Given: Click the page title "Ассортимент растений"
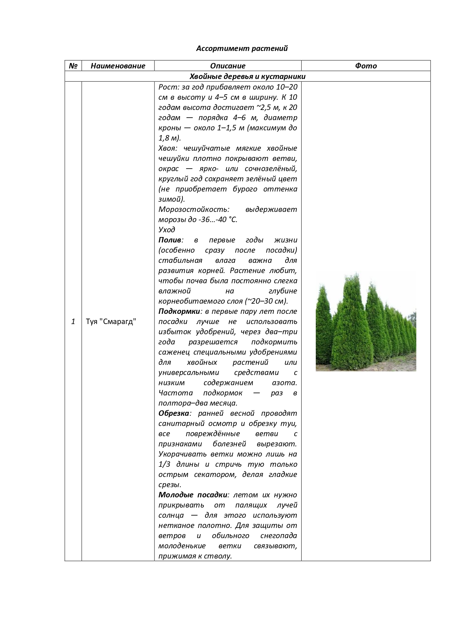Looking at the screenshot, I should (242, 48).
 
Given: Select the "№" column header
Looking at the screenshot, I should (73, 66).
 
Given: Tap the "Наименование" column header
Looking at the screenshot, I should (118, 66).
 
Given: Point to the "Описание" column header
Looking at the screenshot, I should (228, 66).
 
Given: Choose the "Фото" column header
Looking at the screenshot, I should (366, 66).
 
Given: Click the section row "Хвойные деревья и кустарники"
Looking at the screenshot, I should (247, 76).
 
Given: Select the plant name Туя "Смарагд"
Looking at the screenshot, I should (111, 322).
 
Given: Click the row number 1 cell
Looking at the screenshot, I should (73, 322).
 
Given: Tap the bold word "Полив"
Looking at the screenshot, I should (170, 240).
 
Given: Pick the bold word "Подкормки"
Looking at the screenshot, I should (179, 311).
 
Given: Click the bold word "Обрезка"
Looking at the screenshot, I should (174, 413).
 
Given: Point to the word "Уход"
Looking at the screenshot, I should (167, 230).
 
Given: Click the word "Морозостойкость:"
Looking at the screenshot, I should (194, 209).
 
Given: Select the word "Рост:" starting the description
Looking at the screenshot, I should (168, 87).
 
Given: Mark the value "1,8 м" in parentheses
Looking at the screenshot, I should (169, 138).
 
